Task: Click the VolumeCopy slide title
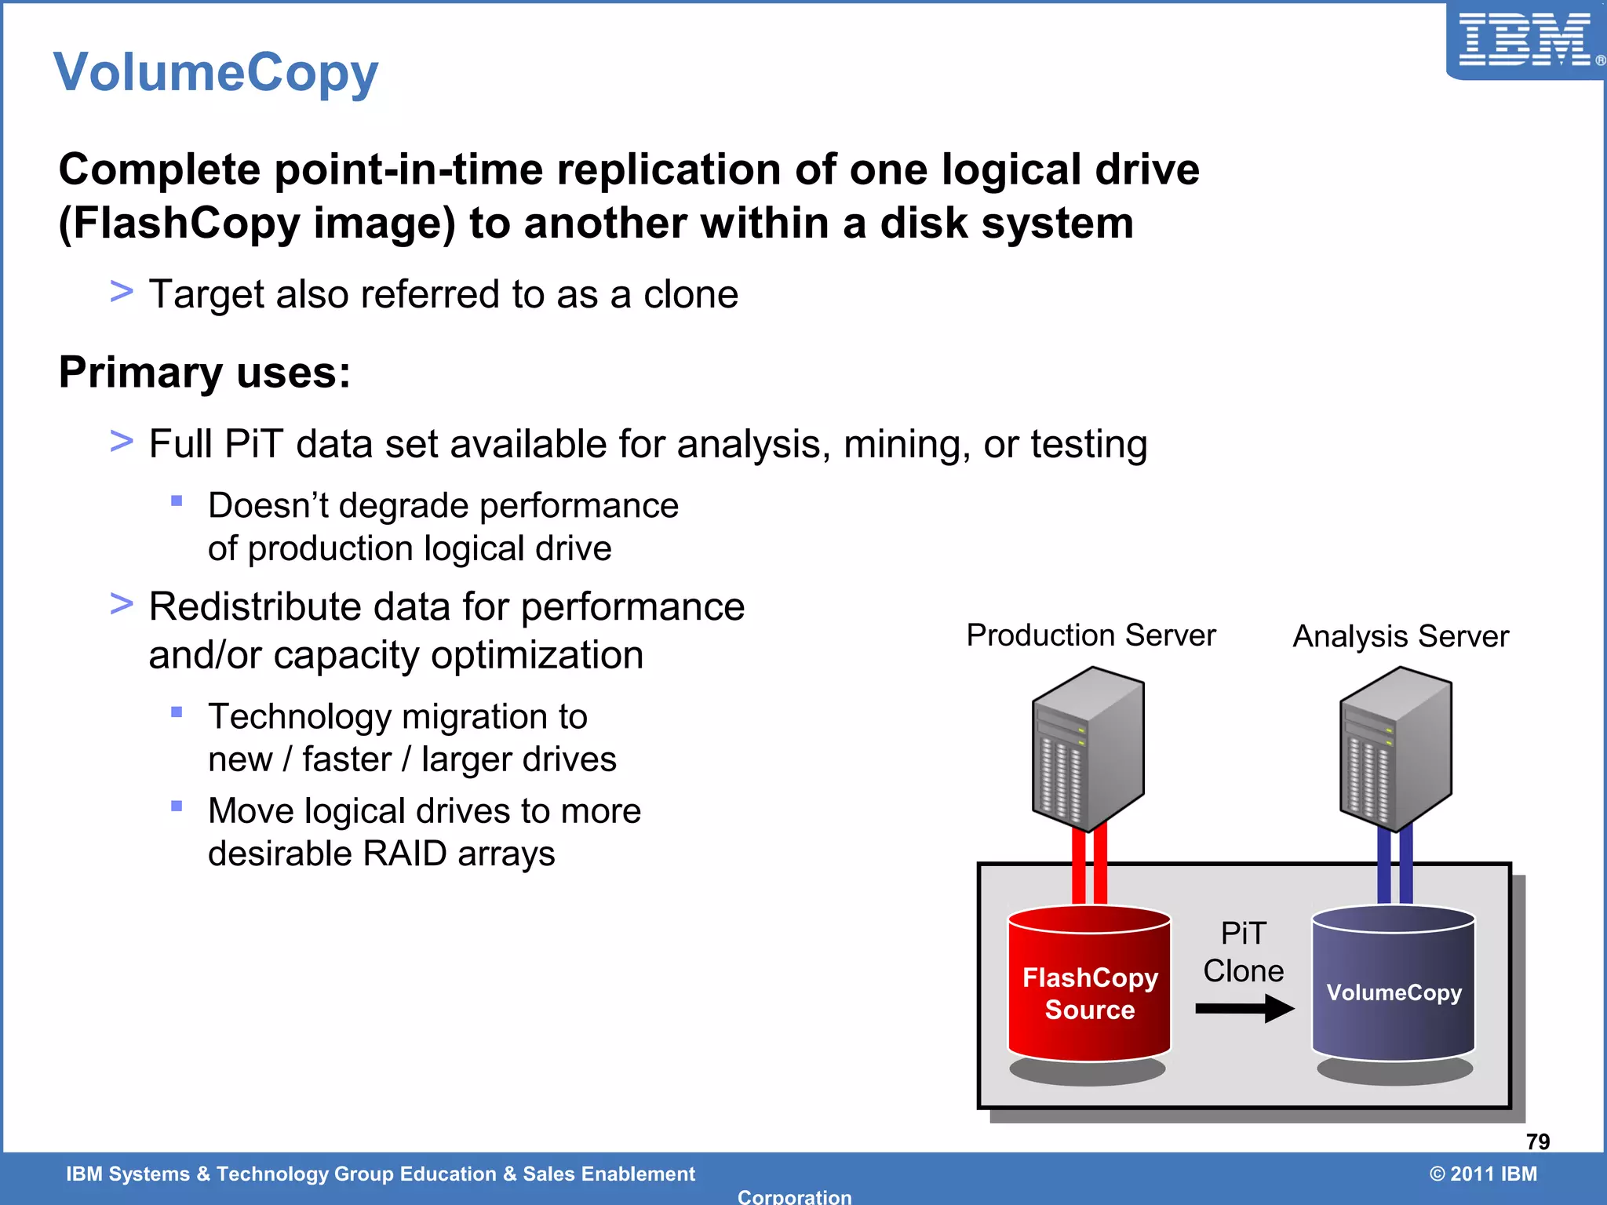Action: click(216, 72)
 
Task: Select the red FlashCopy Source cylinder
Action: click(1089, 988)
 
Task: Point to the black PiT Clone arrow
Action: click(1243, 1008)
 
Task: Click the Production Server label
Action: click(1091, 635)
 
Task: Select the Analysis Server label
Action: click(1401, 636)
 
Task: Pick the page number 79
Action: click(1537, 1141)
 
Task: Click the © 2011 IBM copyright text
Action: click(1483, 1174)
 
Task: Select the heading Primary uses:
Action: click(204, 372)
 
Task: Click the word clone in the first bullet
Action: click(691, 295)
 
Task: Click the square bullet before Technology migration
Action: click(177, 712)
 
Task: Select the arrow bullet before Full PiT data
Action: click(122, 441)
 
